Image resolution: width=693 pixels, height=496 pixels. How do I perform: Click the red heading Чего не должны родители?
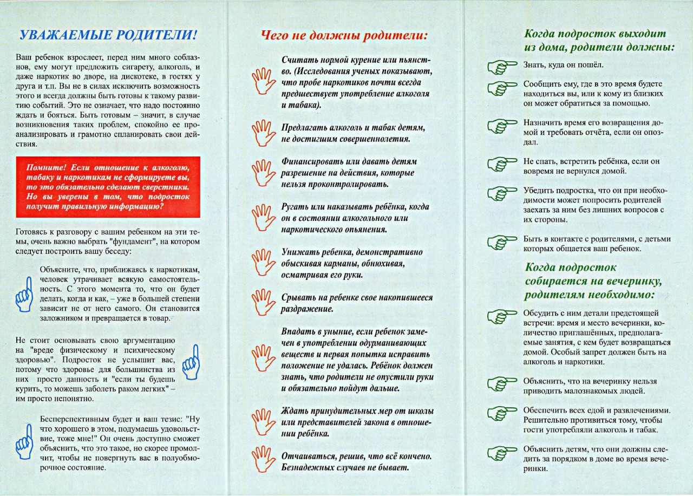tap(344, 36)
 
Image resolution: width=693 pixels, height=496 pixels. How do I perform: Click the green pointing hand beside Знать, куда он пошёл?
tap(503, 67)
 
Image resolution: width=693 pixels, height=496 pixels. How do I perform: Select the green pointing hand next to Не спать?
tap(503, 163)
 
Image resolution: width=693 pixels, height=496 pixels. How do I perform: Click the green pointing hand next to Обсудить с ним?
tap(503, 317)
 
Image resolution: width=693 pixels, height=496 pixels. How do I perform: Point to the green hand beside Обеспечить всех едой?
tap(503, 413)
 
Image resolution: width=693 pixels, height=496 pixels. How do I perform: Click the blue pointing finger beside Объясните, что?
tap(24, 293)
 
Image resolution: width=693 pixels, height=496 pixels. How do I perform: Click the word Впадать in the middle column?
tap(297, 331)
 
